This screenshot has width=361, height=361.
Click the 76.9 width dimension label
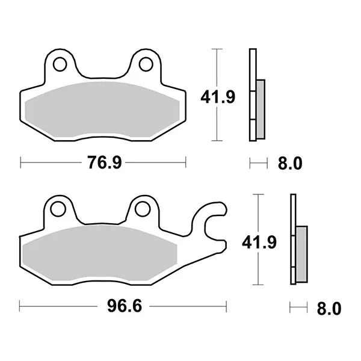tap(104, 162)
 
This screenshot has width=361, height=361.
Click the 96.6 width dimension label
tap(125, 306)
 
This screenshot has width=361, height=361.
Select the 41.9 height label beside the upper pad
tap(218, 97)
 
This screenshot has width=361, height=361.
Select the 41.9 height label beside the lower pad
tap(259, 242)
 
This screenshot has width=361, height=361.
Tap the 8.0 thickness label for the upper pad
tap(290, 163)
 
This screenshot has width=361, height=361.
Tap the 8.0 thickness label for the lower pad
tap(329, 309)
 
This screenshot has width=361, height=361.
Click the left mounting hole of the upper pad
tap(60, 64)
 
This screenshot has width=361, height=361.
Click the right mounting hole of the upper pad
tap(146, 64)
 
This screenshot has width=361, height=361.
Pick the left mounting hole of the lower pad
tap(58, 209)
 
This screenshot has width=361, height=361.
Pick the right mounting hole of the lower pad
tap(143, 209)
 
